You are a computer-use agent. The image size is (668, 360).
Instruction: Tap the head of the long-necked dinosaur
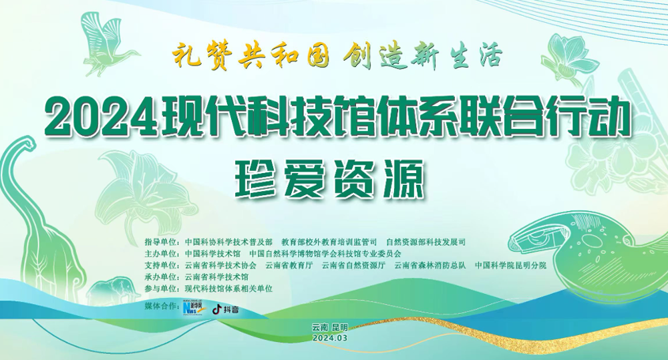pyautogui.click(x=27, y=143)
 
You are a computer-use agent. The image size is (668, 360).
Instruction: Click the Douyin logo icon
pyautogui.click(x=218, y=309)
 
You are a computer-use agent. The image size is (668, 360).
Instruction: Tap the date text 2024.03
pyautogui.click(x=329, y=338)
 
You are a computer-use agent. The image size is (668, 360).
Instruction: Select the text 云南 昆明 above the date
pyautogui.click(x=330, y=328)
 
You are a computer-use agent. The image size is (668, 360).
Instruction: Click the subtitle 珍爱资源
pyautogui.click(x=330, y=180)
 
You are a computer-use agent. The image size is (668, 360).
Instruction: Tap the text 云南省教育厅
pyautogui.click(x=289, y=265)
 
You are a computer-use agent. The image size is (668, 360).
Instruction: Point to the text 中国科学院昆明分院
pyautogui.click(x=510, y=265)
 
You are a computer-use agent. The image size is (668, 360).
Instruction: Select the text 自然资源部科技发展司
pyautogui.click(x=426, y=242)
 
